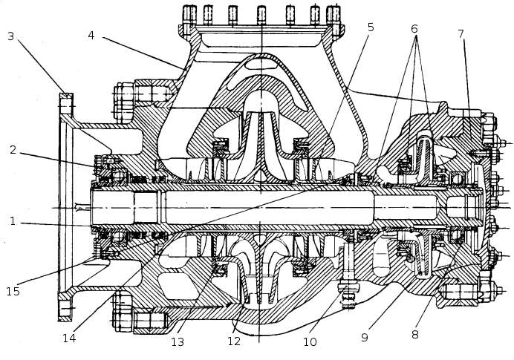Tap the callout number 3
coord(10,36)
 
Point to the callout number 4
coord(90,35)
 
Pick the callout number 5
coord(370,27)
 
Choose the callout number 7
coord(461,35)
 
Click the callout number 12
coord(234,342)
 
